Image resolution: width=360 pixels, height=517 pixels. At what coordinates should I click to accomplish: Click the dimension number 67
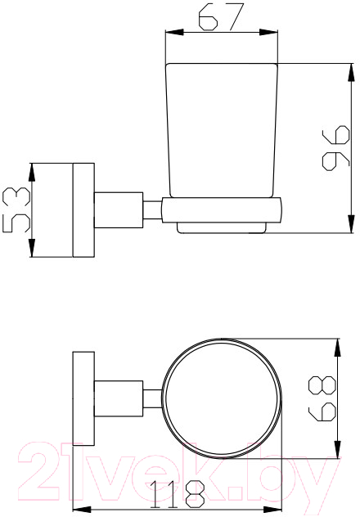[221, 17]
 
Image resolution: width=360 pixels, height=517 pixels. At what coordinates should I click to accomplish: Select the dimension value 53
[16, 209]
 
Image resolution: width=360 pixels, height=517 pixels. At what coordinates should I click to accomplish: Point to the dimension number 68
[322, 398]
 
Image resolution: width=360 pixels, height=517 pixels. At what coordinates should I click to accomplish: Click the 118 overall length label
[178, 494]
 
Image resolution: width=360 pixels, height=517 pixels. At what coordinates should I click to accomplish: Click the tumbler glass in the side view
[222, 130]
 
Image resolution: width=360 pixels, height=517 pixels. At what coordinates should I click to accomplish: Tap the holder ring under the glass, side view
[222, 210]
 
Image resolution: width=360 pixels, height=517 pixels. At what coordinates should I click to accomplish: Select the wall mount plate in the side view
[83, 210]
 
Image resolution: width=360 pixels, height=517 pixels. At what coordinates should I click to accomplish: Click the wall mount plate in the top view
[83, 398]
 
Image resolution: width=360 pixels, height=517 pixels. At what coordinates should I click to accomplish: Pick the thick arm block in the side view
[119, 210]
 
